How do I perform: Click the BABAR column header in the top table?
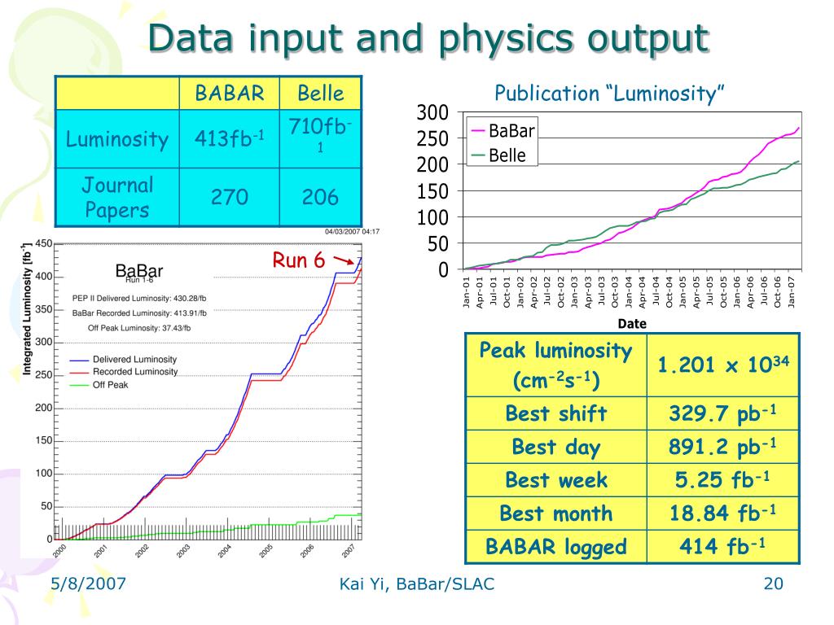(x=229, y=93)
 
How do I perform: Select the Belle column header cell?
(x=320, y=93)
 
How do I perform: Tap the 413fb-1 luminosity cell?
(x=229, y=139)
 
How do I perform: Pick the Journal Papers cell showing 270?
(x=229, y=197)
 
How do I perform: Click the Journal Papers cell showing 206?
(x=320, y=197)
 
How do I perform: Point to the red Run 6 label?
(x=298, y=260)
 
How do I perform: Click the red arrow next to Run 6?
(x=343, y=262)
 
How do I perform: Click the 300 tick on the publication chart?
(x=432, y=113)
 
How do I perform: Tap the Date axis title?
(x=632, y=323)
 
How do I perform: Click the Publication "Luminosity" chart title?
(x=610, y=94)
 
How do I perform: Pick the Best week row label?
(x=556, y=480)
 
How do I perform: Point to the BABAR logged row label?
(x=556, y=546)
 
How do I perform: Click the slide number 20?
(x=773, y=583)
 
